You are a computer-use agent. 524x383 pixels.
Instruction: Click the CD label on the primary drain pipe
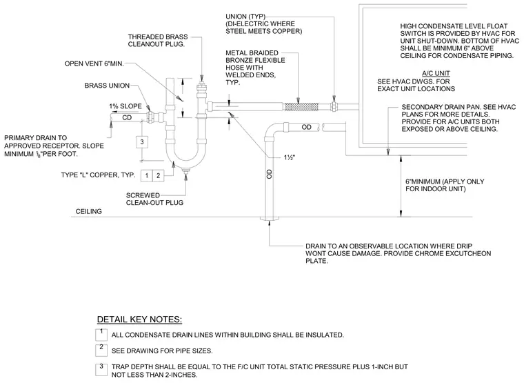[x=127, y=118]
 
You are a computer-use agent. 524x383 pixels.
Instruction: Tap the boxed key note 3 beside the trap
[x=142, y=142]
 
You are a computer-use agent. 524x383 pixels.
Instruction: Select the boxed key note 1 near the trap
[x=146, y=175]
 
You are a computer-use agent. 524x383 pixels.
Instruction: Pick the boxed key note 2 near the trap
[x=159, y=175]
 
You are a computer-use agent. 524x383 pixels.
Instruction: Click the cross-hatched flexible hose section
[x=301, y=107]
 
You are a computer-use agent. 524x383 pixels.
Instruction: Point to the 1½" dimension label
[x=290, y=157]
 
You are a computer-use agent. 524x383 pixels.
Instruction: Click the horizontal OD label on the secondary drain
[x=306, y=127]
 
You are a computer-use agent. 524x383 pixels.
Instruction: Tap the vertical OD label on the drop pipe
[x=270, y=173]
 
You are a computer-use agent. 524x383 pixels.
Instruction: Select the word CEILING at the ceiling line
[x=88, y=211]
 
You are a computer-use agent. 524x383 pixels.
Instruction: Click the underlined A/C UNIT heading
[x=436, y=73]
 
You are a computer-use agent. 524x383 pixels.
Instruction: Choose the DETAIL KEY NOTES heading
[x=139, y=320]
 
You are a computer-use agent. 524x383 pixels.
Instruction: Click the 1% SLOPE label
[x=125, y=106]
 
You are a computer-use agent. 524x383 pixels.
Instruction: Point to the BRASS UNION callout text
[x=107, y=86]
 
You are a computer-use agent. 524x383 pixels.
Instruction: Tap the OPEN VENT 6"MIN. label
[x=94, y=63]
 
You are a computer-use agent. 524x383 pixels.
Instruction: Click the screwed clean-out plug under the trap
[x=185, y=170]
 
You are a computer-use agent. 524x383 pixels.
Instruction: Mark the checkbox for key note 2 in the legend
[x=101, y=350]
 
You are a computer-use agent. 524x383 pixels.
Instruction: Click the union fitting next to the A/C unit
[x=334, y=107]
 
